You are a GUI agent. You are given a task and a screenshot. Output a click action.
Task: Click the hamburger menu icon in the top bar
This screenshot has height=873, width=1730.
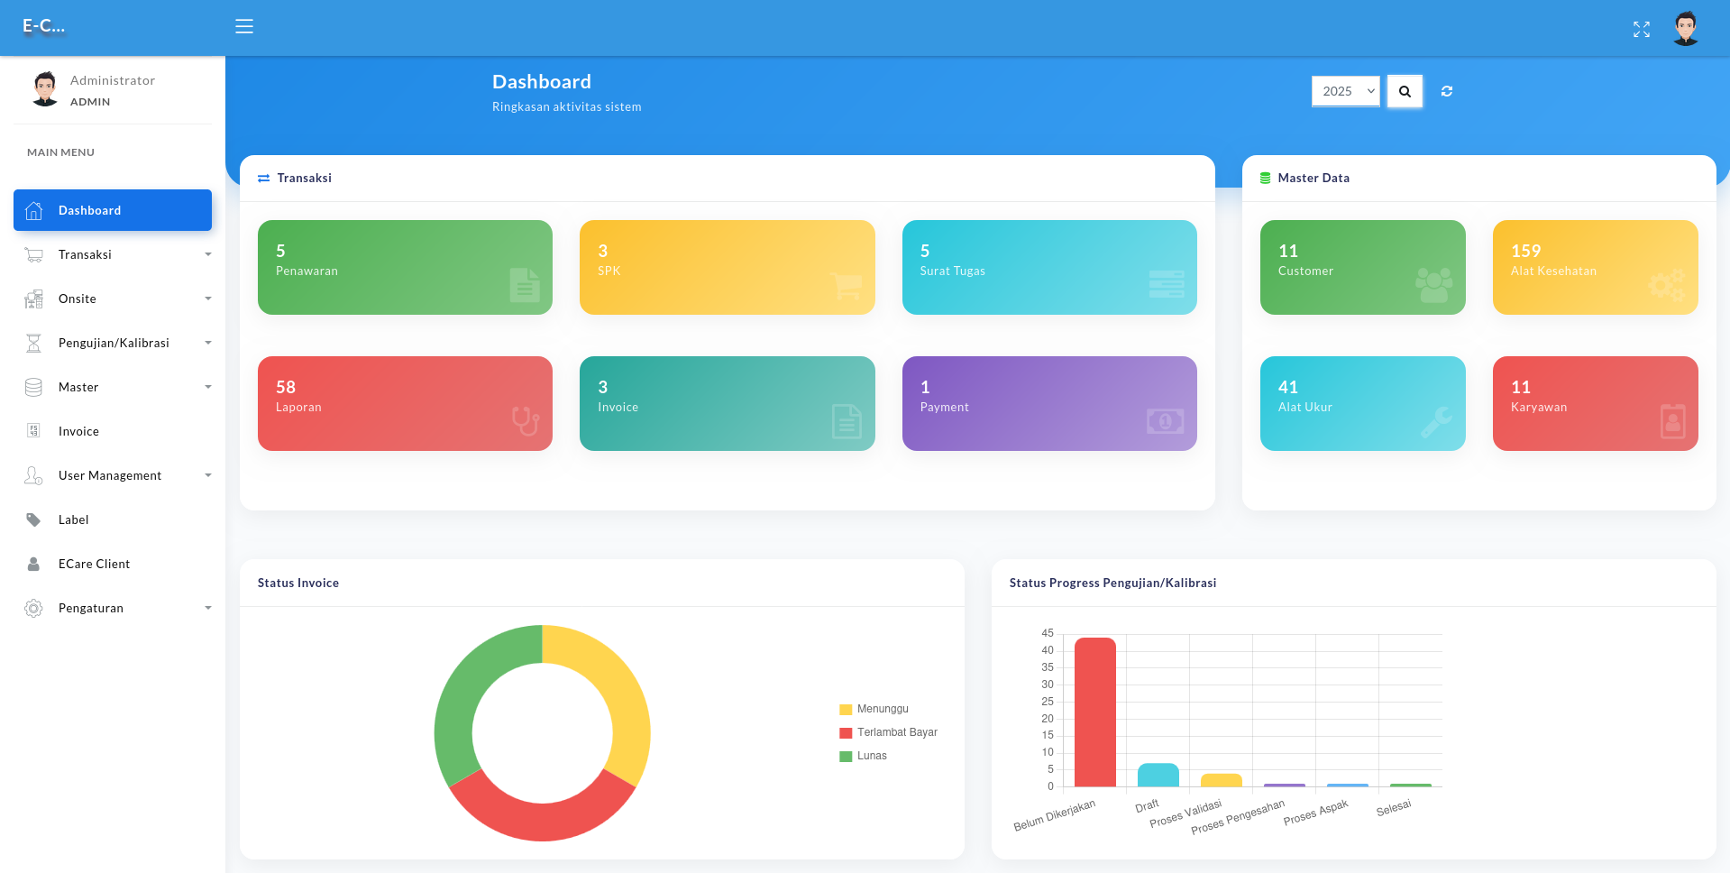pyautogui.click(x=244, y=27)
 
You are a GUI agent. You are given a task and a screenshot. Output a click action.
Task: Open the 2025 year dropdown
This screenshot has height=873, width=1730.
pyautogui.click(x=1345, y=91)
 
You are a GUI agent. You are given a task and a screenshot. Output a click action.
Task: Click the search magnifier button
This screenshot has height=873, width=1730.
pyautogui.click(x=1405, y=91)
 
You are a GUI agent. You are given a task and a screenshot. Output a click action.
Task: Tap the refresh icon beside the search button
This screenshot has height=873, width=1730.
pyautogui.click(x=1447, y=91)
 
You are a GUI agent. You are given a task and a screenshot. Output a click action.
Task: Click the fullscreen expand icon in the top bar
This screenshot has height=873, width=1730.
pyautogui.click(x=1642, y=30)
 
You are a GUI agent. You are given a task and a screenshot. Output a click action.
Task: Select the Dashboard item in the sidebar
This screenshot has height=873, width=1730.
pyautogui.click(x=113, y=210)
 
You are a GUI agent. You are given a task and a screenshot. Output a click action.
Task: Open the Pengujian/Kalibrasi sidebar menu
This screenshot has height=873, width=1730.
pyautogui.click(x=114, y=343)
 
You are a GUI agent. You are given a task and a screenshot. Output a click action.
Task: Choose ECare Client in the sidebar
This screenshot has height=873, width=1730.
pyautogui.click(x=94, y=564)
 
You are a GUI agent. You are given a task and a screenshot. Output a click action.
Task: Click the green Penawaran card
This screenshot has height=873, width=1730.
pyautogui.click(x=405, y=267)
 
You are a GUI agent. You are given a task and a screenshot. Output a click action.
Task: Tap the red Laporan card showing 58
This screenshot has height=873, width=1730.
pyautogui.click(x=405, y=403)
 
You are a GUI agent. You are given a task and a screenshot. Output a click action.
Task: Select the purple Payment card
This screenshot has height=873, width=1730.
pyautogui.click(x=1049, y=403)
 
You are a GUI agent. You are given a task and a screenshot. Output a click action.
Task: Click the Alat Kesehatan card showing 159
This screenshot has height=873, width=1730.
pyautogui.click(x=1595, y=267)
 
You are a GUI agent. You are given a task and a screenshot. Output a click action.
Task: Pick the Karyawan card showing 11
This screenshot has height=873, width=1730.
pyautogui.click(x=1595, y=403)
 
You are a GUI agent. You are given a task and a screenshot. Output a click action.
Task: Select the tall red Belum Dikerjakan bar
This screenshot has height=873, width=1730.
pyautogui.click(x=1095, y=712)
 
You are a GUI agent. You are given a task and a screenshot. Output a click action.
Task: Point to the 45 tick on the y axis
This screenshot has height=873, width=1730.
pyautogui.click(x=1048, y=633)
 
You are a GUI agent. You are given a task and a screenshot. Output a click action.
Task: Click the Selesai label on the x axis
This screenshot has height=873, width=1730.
pyautogui.click(x=1394, y=808)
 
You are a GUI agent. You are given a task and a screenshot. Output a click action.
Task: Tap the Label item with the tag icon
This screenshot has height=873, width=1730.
pyautogui.click(x=73, y=519)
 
